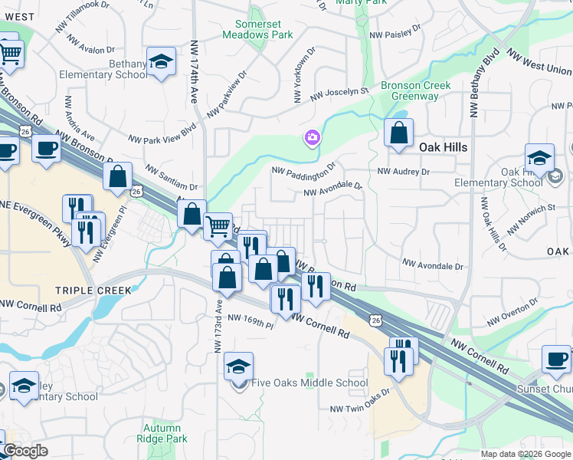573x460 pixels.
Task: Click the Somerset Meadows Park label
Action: coord(258,29)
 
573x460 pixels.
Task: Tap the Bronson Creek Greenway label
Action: coord(415,91)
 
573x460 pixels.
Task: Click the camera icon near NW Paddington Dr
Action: coord(312,138)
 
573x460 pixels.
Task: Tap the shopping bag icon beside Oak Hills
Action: coord(398,133)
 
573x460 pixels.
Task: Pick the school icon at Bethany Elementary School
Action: coord(162,62)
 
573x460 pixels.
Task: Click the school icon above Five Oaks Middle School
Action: coord(238,366)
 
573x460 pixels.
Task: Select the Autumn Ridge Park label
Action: coord(162,433)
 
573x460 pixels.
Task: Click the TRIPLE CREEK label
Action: coord(93,291)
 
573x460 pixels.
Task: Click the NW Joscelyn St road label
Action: coord(339,94)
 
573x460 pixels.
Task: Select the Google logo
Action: coord(25,451)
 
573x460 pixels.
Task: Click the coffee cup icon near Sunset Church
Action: coord(555,358)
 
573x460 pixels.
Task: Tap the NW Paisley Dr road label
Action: coord(395,33)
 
